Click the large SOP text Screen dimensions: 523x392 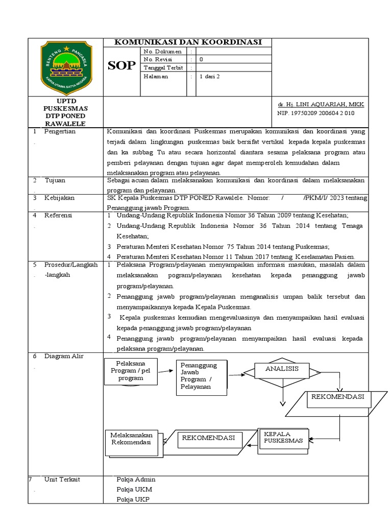122,65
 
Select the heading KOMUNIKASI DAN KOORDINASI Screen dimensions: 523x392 187,42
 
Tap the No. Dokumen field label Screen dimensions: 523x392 162,52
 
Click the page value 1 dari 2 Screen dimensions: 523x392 210,76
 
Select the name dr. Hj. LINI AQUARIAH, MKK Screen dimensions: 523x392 321,104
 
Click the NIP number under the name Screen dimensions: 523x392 315,113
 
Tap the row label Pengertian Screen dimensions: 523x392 60,131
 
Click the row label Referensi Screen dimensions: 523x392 59,216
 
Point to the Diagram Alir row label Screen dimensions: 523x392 64,356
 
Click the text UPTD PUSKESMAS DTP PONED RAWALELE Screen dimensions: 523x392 65,112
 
